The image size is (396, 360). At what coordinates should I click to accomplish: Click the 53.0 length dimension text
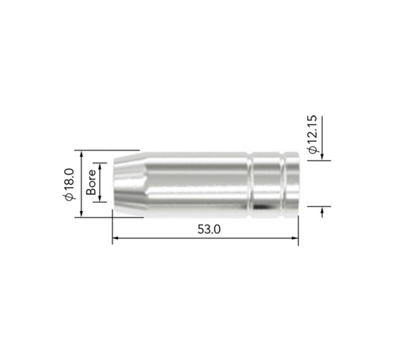click(x=209, y=229)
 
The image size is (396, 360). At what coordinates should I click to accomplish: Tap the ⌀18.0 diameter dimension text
click(x=69, y=184)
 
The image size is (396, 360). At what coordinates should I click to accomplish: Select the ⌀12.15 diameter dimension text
click(x=312, y=134)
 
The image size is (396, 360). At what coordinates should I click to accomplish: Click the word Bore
click(x=91, y=182)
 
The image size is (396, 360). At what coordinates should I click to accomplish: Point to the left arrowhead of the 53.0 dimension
click(x=115, y=238)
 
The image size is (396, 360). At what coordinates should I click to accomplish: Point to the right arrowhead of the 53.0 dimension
click(x=295, y=238)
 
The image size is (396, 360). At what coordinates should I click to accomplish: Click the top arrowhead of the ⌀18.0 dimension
click(x=81, y=153)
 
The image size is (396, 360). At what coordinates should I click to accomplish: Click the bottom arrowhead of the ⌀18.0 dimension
click(x=81, y=214)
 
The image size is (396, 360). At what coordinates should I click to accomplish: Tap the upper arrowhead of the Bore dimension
click(x=100, y=166)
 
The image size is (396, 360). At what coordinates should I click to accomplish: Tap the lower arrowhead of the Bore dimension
click(x=100, y=199)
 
